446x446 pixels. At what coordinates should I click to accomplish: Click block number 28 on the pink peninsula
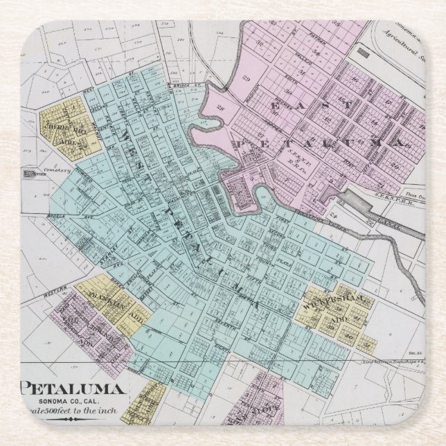click(221, 109)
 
